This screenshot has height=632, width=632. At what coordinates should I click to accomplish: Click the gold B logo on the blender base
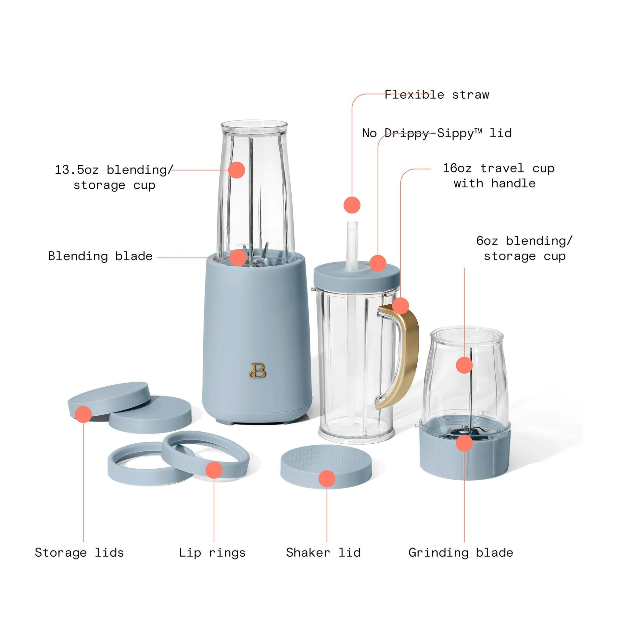[x=258, y=371]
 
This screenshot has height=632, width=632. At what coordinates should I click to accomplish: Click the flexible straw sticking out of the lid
[x=352, y=244]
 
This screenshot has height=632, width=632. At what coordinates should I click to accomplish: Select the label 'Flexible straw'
[x=437, y=95]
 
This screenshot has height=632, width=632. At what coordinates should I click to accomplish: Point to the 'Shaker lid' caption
[x=323, y=552]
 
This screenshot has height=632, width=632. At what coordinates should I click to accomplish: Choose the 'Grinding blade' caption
[x=461, y=553]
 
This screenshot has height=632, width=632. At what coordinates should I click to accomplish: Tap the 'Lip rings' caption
[x=212, y=553]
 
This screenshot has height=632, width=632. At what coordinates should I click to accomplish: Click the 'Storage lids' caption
[x=79, y=553]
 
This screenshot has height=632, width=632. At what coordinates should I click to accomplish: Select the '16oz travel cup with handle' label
[x=498, y=176]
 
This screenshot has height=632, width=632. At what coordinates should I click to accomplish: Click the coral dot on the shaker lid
[x=327, y=479]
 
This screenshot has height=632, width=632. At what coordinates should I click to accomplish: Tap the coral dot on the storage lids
[x=83, y=414]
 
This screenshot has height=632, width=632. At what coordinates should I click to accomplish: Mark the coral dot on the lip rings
[x=214, y=470]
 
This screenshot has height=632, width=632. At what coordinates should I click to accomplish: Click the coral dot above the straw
[x=352, y=205]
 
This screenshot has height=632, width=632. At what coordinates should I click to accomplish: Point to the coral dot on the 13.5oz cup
[x=236, y=170]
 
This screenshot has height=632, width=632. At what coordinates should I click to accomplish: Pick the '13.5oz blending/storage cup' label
[x=114, y=177]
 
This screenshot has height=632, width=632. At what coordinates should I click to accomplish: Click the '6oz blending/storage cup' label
[x=525, y=248]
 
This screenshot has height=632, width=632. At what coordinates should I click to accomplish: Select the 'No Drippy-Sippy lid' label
[x=437, y=133]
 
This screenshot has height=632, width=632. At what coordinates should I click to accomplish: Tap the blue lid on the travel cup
[x=357, y=275]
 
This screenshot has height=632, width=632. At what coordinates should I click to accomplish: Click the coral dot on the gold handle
[x=400, y=306]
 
